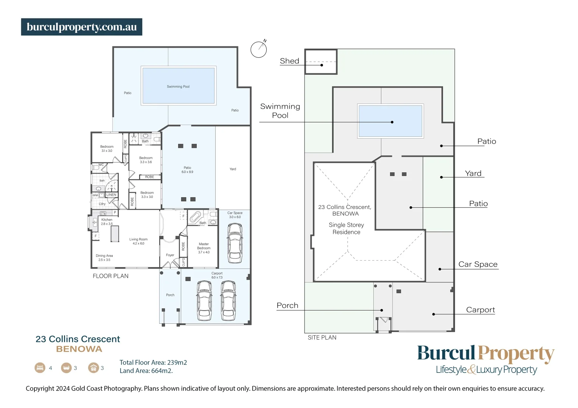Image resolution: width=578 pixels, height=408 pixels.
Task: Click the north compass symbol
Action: click(x=259, y=49)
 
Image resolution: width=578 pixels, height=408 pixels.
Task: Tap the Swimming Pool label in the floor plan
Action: click(x=178, y=87)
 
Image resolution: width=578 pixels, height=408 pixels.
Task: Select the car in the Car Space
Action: click(x=235, y=243)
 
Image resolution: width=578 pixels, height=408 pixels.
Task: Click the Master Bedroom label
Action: click(x=204, y=248)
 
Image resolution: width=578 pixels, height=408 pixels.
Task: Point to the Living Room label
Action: click(x=138, y=241)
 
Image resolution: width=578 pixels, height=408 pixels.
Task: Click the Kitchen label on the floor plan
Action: click(x=107, y=222)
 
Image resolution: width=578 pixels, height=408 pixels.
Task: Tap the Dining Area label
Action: click(x=104, y=258)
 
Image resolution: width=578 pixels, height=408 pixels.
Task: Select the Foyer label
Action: click(x=170, y=255)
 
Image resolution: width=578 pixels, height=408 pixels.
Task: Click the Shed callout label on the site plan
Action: click(x=289, y=61)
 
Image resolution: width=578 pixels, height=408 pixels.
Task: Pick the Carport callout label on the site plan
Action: click(x=480, y=310)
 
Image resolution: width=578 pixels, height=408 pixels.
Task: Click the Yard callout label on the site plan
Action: click(x=473, y=173)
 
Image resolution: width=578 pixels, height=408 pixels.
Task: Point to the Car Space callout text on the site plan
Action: click(x=478, y=264)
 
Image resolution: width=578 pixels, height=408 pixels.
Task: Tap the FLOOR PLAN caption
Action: click(x=110, y=276)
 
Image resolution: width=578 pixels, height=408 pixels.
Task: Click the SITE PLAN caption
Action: click(x=322, y=338)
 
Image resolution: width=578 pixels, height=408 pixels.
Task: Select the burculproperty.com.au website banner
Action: click(x=82, y=27)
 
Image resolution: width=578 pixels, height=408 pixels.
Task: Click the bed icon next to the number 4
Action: click(x=40, y=368)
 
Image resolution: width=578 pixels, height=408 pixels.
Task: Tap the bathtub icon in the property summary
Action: click(x=66, y=368)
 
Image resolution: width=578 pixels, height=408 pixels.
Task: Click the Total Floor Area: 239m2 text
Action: click(x=153, y=362)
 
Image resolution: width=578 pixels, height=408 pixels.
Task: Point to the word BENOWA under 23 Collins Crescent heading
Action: click(x=79, y=349)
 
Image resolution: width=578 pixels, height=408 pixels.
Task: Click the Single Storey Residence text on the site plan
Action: click(x=346, y=229)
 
